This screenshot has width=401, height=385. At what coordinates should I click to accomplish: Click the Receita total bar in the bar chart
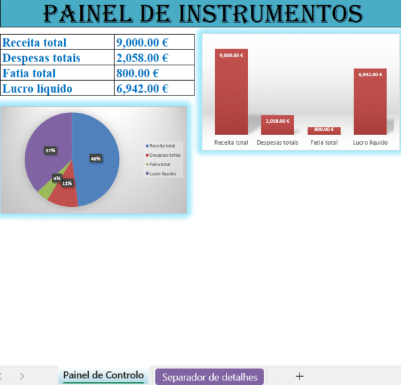pos(231,93)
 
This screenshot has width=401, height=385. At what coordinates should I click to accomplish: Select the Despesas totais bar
pos(277,125)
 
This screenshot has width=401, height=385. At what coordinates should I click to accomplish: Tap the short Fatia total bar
pos(324,131)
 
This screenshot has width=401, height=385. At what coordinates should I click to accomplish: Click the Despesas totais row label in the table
pos(41,58)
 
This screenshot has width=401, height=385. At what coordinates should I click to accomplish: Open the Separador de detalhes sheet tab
pos(209,377)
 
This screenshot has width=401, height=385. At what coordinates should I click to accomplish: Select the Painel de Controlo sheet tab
pos(104,376)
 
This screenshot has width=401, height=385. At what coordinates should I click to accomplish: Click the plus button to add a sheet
pos(299,376)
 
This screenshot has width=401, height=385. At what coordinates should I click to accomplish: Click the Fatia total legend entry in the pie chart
pos(161,164)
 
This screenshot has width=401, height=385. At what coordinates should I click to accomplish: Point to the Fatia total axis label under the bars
pos(324,142)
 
